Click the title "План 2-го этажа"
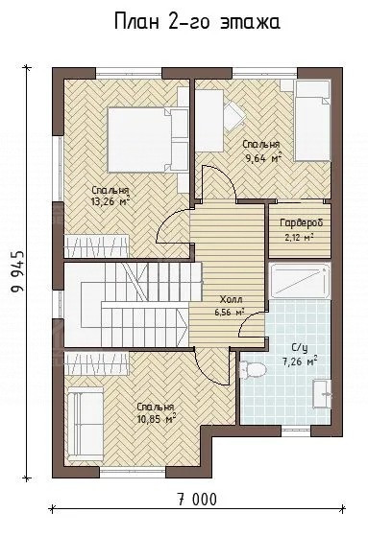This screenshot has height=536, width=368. coord(197,22)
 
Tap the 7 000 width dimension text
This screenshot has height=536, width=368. coord(197,500)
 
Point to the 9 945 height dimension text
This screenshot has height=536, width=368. coord(17,272)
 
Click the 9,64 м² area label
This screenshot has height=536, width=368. coord(262,157)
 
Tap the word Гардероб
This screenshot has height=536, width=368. coord(302,222)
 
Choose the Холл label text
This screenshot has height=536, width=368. coord(231,300)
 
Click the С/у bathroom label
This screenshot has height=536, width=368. coord(300,349)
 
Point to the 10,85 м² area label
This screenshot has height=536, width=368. coord(157,418)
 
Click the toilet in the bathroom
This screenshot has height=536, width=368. coord(253,369)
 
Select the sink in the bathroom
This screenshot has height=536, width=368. coord(323,393)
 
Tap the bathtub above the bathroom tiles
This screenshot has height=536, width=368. coord(300,281)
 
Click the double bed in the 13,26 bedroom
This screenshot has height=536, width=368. coord(148,140)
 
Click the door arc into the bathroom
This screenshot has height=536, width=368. coord(252,324)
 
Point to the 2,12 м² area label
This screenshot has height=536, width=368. coord(300,237)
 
